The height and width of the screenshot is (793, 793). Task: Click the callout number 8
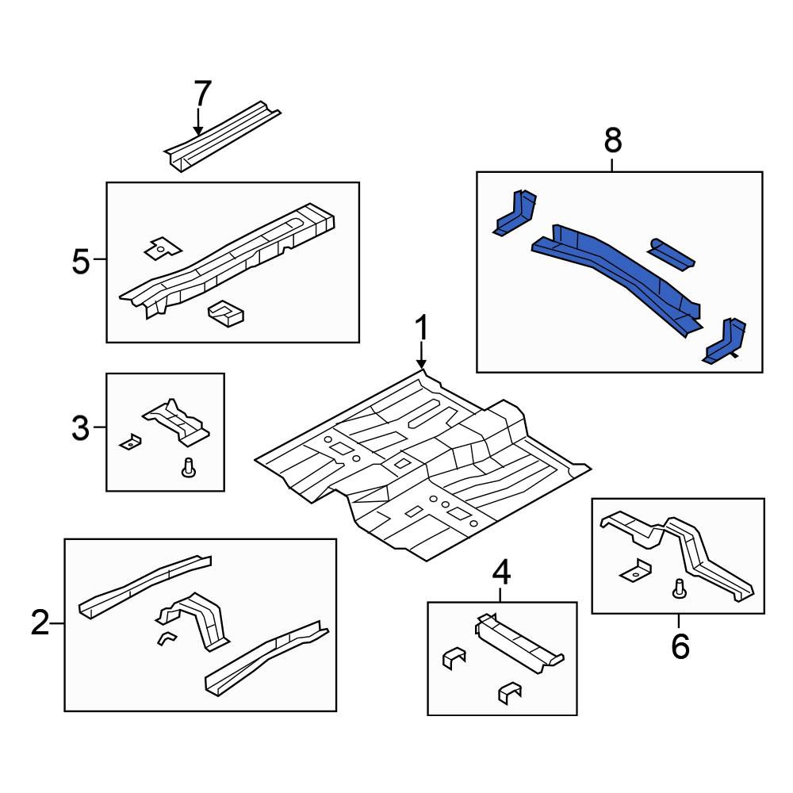(612, 140)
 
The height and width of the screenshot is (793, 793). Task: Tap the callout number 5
(81, 262)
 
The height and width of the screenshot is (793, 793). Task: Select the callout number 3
(80, 428)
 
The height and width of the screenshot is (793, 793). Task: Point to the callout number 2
(40, 623)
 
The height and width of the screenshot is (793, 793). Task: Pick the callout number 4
(501, 573)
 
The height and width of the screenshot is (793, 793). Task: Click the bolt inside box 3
(189, 467)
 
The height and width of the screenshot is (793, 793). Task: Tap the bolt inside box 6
(680, 588)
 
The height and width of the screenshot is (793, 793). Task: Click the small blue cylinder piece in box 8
(671, 254)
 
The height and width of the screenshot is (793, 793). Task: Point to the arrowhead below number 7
(198, 131)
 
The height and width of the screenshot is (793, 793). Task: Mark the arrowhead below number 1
(421, 364)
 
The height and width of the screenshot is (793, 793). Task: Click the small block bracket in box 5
(226, 313)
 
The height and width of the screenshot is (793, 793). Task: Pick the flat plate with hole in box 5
(163, 248)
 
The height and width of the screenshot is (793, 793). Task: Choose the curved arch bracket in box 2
(195, 620)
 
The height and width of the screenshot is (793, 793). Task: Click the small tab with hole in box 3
(130, 442)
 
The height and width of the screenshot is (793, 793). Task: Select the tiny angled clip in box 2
(167, 638)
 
